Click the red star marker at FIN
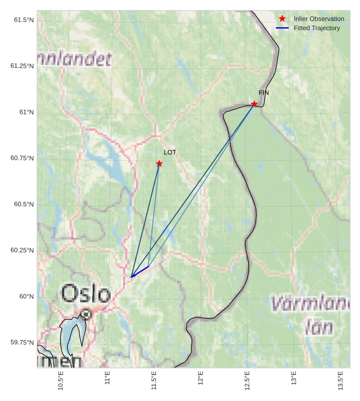tap(254, 104)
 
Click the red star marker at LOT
tap(159, 164)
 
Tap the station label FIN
tap(264, 93)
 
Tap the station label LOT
tap(170, 153)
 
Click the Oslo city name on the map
tap(85, 294)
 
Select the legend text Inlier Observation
tap(318, 19)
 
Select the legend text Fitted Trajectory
tap(317, 28)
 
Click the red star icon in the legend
tap(282, 19)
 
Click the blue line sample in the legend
tap(282, 28)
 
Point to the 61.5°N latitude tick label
tap(24, 20)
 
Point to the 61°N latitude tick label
tap(26, 112)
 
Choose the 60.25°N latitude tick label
tap(22, 250)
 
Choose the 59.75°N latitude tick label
tap(22, 342)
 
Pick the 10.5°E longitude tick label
tap(61, 381)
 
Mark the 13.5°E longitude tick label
tap(341, 381)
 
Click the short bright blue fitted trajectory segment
tap(140, 272)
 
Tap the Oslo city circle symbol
tap(86, 314)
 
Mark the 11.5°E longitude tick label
tap(154, 381)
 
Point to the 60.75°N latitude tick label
tap(22, 158)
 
